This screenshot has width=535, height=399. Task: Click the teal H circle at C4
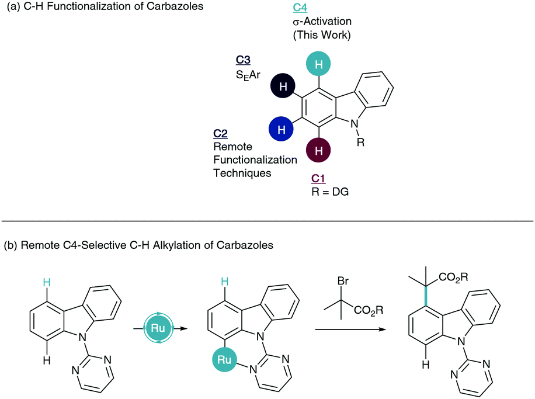tap(318, 65)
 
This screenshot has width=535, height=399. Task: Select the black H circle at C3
tap(283, 87)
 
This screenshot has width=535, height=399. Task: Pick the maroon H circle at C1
tap(318, 151)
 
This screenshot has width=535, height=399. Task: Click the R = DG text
tap(330, 190)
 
